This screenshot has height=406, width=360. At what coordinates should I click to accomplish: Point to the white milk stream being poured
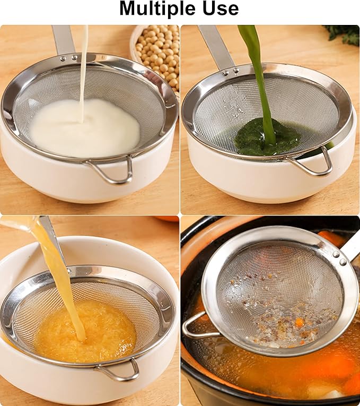pyautogui.click(x=84, y=64)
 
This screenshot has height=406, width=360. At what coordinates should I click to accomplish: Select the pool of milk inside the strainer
pyautogui.click(x=84, y=128)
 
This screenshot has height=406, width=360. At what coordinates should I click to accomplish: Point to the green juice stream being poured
pyautogui.click(x=258, y=69)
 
